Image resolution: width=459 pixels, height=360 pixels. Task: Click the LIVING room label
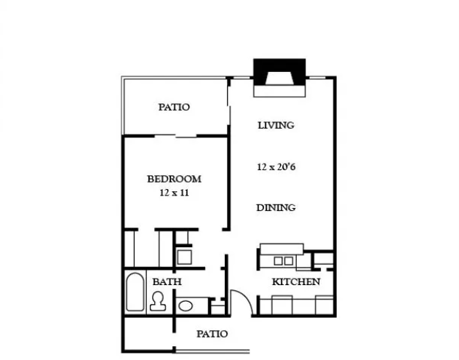tap(276, 125)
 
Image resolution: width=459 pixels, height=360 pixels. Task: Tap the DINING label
tap(276, 207)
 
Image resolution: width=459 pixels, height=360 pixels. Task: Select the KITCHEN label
tap(296, 282)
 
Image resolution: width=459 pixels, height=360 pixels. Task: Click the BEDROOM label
tap(174, 179)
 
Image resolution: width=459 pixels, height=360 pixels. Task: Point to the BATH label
tap(167, 282)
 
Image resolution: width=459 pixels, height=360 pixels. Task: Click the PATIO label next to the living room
tap(174, 107)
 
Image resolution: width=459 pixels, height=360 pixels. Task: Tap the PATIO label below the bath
tap(212, 334)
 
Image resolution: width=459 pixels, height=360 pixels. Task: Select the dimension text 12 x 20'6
tap(276, 167)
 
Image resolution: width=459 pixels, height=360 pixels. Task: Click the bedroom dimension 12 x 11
tap(174, 193)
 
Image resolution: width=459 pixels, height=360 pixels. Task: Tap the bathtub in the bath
tap(135, 292)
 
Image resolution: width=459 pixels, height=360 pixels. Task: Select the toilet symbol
tap(158, 302)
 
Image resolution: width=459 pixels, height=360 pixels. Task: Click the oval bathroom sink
tap(185, 306)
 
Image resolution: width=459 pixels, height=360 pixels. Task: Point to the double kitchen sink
tap(283, 261)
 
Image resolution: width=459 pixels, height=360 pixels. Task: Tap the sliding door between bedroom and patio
tap(175, 136)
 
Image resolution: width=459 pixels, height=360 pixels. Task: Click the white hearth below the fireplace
tap(279, 91)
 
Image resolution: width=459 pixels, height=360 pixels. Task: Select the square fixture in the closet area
tap(184, 257)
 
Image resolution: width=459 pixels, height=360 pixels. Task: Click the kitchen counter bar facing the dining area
tap(282, 249)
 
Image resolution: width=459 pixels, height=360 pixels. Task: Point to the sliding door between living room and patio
tap(228, 106)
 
